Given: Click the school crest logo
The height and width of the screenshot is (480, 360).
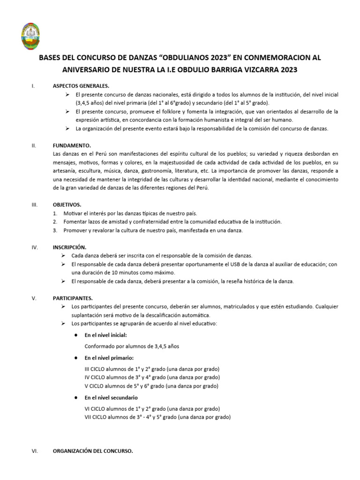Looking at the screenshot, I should point(34,36).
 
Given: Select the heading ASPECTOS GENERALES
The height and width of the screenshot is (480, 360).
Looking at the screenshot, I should point(81,86).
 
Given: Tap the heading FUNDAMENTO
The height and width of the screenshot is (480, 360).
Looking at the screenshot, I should point(72,146).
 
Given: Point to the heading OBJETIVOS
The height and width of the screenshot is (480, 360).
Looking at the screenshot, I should point(67,205).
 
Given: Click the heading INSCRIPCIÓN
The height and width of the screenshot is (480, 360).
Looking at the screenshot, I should point(70,247).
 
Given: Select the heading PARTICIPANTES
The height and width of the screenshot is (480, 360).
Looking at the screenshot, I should point(73,298).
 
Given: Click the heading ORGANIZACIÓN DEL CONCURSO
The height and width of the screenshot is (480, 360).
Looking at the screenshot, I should point(93,451).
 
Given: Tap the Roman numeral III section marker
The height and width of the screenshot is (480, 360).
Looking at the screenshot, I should point(34,205).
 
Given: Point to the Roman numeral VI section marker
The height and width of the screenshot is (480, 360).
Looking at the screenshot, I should point(34,451).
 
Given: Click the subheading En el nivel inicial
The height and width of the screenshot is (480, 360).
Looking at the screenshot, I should point(105,336).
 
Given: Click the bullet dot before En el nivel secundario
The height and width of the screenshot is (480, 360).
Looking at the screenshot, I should point(76,397).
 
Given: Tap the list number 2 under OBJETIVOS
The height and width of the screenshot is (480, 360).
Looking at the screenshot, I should point(55,222).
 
